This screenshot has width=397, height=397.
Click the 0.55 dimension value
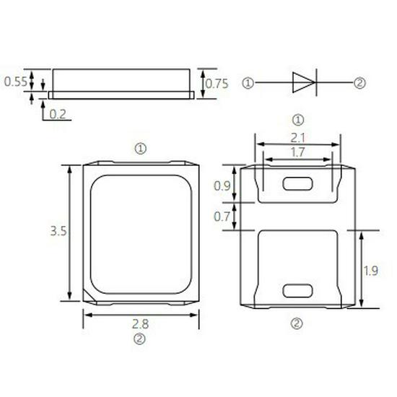coord(16,82)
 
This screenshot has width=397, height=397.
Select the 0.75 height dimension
coord(217,84)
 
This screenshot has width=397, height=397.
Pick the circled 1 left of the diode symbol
coord(248,83)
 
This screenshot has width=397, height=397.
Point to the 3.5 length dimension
coord(58,232)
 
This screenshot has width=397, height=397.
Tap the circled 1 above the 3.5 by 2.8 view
coord(141,148)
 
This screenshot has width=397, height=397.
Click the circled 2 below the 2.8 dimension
coord(141,338)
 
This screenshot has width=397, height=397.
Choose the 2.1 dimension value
coord(297,137)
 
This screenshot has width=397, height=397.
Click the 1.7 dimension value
coord(297,152)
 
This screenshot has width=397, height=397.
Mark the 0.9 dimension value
coord(224,186)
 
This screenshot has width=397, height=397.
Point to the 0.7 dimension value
coord(224,216)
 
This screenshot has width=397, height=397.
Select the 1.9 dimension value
coord(370,271)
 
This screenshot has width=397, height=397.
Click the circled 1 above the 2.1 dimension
coord(297,119)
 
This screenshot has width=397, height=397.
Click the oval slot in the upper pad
coord(297,183)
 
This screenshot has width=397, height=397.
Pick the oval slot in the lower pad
coord(297,290)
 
